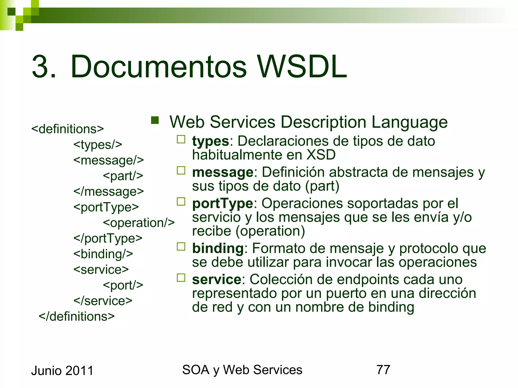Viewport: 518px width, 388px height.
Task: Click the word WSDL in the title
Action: click(302, 67)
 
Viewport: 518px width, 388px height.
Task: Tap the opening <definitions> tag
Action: click(68, 129)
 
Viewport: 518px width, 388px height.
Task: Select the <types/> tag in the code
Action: click(98, 144)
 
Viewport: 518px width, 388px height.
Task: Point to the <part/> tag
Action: click(123, 176)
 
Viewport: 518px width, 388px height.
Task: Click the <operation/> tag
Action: click(139, 223)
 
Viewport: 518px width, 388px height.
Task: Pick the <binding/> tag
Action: click(103, 254)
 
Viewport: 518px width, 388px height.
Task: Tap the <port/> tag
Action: click(123, 285)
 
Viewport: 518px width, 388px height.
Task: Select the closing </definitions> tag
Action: click(77, 316)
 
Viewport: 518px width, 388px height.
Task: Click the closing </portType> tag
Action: click(108, 238)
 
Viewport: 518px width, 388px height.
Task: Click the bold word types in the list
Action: click(210, 141)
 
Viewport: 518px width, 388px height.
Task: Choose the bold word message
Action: click(223, 172)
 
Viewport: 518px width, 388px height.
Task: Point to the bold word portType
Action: click(223, 203)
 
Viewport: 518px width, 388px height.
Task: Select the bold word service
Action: click(217, 279)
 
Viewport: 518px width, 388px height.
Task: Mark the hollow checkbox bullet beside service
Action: click(181, 278)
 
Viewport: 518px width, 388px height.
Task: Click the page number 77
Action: click(383, 370)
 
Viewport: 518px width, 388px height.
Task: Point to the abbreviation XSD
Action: click(321, 155)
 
